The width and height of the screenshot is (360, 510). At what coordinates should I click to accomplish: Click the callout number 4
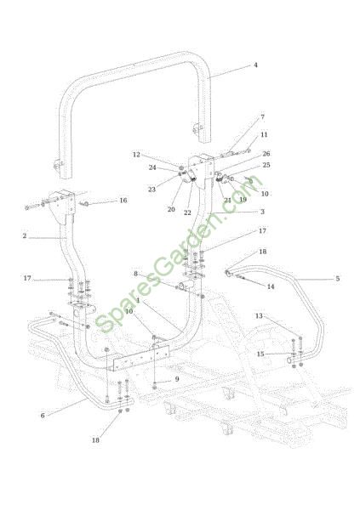click(255, 65)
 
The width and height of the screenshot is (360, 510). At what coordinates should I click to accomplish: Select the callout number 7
click(263, 117)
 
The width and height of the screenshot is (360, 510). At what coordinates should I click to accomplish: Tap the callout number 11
click(264, 134)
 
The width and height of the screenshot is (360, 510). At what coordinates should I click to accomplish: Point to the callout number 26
click(266, 154)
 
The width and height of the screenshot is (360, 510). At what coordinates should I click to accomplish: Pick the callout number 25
click(266, 165)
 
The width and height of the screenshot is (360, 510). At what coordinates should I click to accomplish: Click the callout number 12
click(136, 155)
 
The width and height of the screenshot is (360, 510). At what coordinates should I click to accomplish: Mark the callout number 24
click(152, 167)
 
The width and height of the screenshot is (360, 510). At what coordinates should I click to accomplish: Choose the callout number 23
click(151, 190)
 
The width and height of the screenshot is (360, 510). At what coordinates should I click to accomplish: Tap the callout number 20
click(171, 209)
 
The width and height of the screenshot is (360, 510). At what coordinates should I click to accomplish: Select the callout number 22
click(187, 212)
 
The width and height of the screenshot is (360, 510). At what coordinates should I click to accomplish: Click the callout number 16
click(123, 201)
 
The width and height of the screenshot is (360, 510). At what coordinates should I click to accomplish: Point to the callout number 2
click(25, 235)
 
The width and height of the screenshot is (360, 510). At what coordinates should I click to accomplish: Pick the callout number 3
click(262, 212)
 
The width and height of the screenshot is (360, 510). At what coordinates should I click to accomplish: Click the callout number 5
click(338, 279)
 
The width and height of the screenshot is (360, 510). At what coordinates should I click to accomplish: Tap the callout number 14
click(271, 286)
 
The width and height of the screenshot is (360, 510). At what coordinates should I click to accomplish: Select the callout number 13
click(259, 316)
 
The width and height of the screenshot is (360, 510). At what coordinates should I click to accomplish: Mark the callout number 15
click(260, 354)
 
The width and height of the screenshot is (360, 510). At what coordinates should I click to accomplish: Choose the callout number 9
click(177, 379)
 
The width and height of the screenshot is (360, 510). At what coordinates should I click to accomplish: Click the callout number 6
click(43, 416)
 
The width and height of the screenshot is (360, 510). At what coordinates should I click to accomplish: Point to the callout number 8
click(136, 274)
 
